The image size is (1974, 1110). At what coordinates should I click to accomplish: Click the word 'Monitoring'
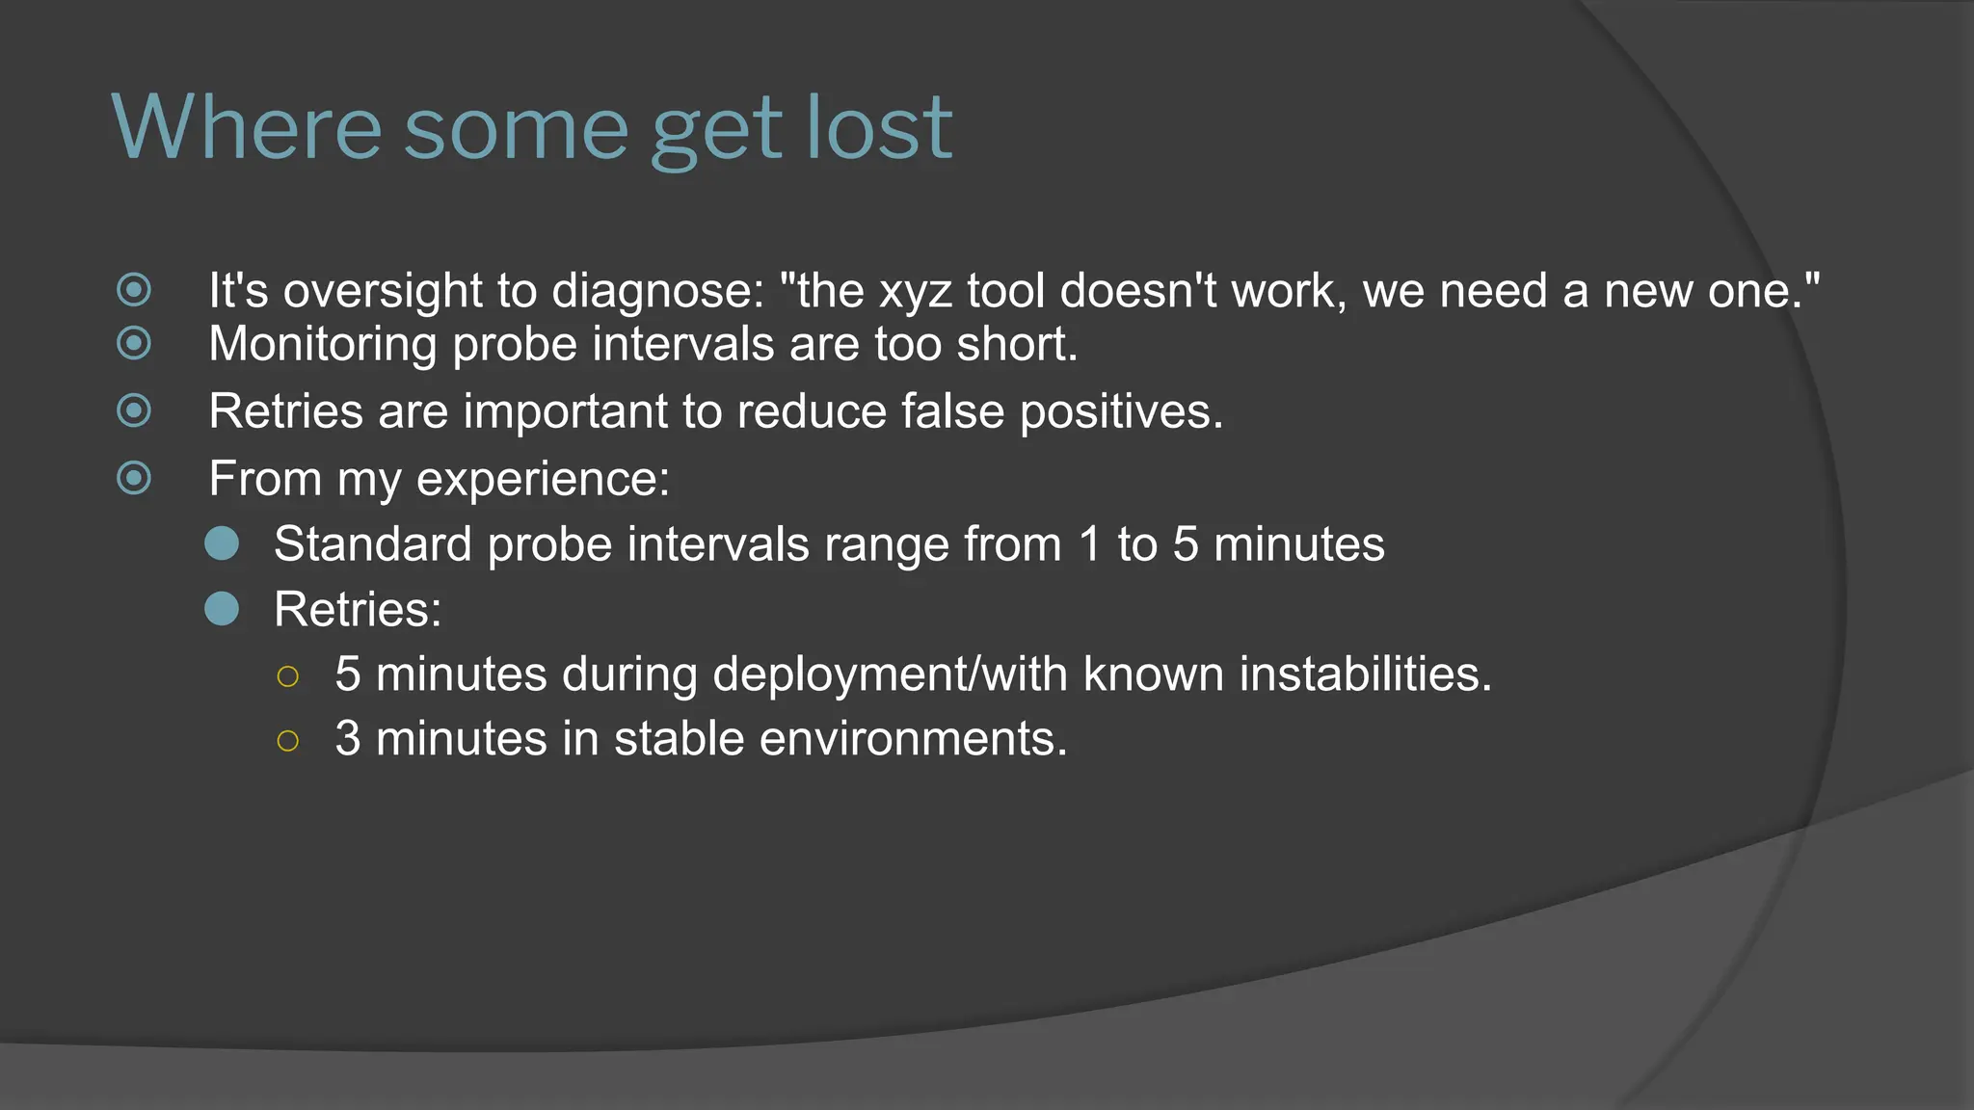pos(323,344)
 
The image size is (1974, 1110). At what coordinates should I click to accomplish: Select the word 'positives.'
pos(1121,411)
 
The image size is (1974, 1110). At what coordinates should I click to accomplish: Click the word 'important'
pos(565,411)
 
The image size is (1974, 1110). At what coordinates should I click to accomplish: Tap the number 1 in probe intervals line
pos(1089,544)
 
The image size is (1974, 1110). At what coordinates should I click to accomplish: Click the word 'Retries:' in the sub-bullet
pos(358,610)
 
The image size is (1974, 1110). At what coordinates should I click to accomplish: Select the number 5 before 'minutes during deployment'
pos(348,674)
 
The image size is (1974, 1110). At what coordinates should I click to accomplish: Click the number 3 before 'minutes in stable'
pos(348,739)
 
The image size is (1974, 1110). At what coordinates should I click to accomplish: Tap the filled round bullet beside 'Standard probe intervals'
pos(222,543)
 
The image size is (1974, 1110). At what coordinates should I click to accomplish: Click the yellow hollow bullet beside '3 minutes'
pos(287,741)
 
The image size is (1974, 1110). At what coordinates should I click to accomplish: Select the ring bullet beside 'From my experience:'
pos(134,477)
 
